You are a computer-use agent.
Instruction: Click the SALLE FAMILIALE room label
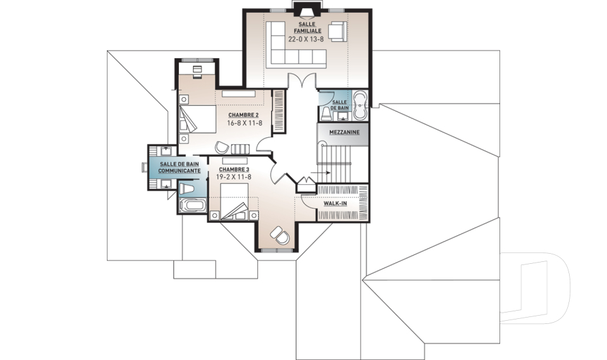click(307, 27)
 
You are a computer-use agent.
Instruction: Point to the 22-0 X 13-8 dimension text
click(306, 39)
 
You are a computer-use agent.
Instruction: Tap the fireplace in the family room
click(307, 11)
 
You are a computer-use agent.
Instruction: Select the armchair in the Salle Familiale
click(338, 30)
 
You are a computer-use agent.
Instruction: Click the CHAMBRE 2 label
click(243, 115)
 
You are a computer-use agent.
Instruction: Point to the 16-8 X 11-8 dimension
click(245, 123)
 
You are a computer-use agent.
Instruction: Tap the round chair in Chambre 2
click(222, 147)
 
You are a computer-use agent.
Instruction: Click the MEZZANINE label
click(344, 132)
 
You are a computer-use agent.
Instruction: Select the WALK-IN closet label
click(335, 204)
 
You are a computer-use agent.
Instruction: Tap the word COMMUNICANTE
click(180, 171)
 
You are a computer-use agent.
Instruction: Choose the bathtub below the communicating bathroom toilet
click(192, 205)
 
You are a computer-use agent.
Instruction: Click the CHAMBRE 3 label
click(234, 170)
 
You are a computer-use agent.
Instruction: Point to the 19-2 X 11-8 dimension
click(234, 177)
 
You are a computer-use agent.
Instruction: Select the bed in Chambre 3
click(234, 201)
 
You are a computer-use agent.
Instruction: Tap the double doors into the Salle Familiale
click(302, 82)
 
